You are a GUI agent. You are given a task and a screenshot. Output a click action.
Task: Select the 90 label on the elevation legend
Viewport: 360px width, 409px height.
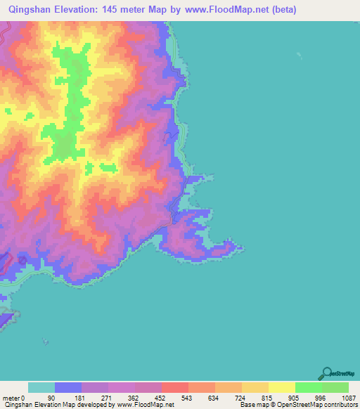(51, 397)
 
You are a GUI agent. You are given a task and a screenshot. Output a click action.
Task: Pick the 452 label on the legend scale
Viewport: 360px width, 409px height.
(158, 397)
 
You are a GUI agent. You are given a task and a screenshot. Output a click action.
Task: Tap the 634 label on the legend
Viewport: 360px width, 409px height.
(212, 397)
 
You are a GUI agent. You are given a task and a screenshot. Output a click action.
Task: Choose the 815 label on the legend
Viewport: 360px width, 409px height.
(265, 397)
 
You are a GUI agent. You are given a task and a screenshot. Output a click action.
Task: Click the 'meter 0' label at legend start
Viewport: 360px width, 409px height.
(14, 397)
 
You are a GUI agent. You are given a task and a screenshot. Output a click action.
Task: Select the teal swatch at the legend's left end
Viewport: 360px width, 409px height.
(41, 387)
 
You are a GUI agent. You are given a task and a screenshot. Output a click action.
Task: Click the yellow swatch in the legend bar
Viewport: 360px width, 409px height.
(282, 387)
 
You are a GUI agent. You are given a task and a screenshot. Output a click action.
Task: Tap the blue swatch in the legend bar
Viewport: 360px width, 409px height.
(68, 387)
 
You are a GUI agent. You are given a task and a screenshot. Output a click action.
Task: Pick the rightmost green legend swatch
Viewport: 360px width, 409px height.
(335, 387)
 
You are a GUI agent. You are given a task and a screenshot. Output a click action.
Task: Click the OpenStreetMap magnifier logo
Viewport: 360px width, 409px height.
(326, 373)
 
